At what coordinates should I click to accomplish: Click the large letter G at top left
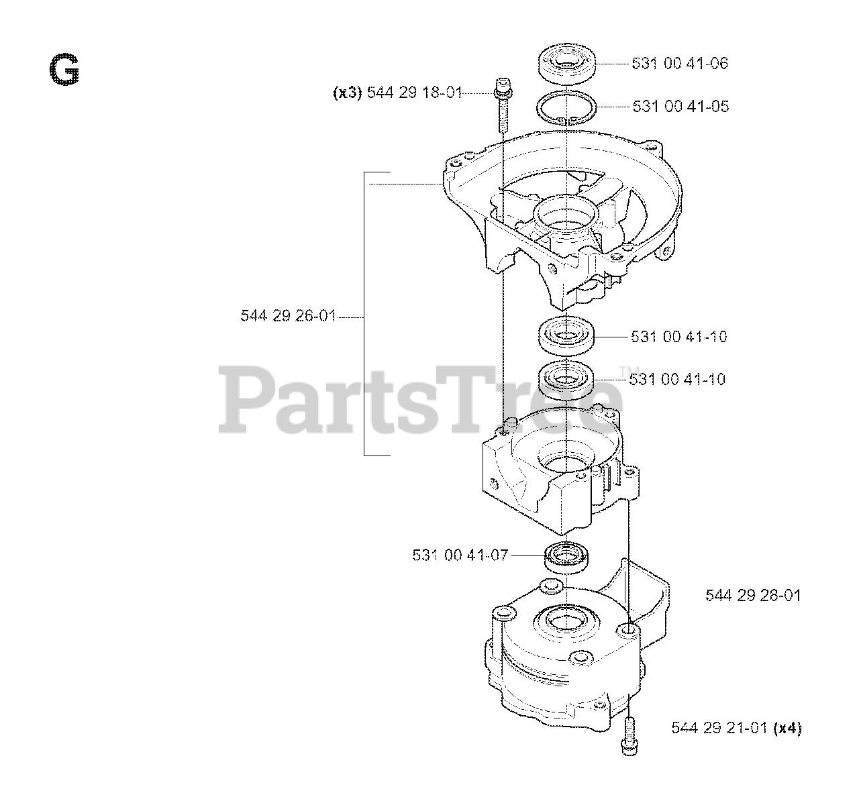point(64,70)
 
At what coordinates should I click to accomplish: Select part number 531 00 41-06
point(680,64)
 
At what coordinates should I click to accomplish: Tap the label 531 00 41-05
point(680,107)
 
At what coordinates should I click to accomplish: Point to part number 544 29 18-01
point(415,93)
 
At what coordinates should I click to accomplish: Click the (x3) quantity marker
point(348,93)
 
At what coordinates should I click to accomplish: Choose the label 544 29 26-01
point(288,316)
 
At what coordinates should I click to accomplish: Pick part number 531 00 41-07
point(460,555)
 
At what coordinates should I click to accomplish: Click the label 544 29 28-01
point(753,596)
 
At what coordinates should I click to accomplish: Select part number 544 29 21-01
point(719,727)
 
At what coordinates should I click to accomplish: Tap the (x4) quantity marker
point(787,727)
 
